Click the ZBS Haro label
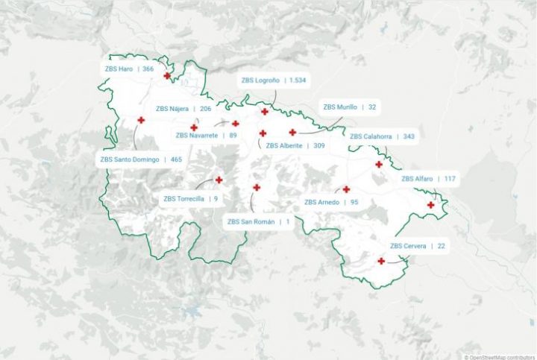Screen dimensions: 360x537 coord(129,69)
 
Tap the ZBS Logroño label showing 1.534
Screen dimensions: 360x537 coord(274,80)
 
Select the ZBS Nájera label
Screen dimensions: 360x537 coord(183,109)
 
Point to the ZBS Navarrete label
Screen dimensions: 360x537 coord(207,135)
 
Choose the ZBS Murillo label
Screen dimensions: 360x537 coord(349,107)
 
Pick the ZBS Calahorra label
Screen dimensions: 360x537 coord(383,136)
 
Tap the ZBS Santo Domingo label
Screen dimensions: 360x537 coord(141,159)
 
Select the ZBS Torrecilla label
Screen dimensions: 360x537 coord(191,198)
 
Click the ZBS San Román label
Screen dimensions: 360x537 coord(258,221)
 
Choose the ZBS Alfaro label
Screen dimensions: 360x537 coord(428,179)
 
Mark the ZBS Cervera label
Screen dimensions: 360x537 coord(417,246)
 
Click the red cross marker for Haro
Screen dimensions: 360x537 coord(167,76)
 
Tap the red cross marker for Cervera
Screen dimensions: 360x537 coord(381,261)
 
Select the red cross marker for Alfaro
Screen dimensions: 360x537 coord(430,205)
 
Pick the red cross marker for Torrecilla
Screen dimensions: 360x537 coord(219,180)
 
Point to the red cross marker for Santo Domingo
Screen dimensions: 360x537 coord(140,120)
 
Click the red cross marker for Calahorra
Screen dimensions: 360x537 coord(378,165)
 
